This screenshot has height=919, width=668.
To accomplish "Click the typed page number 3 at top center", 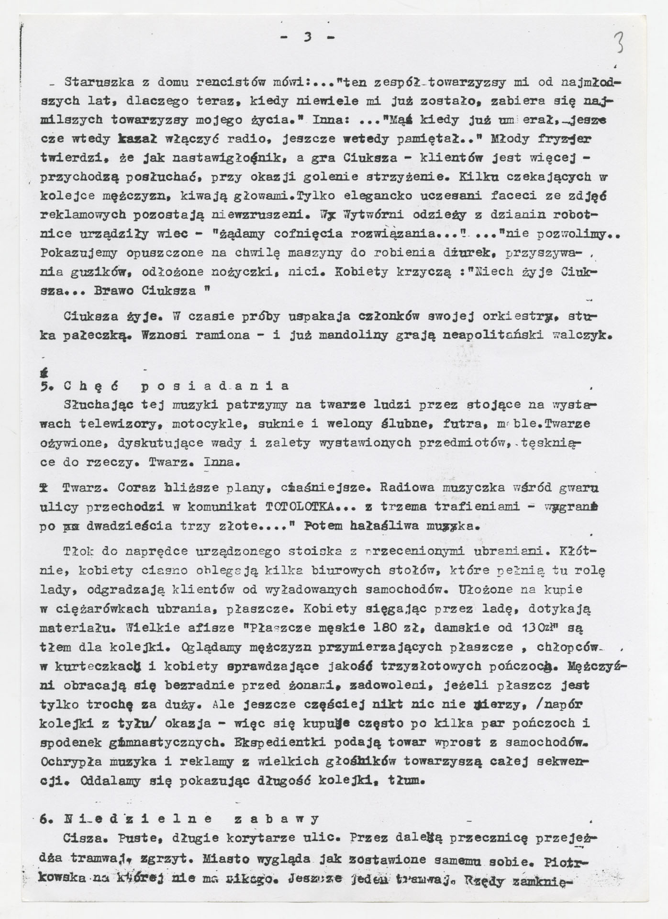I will [x=308, y=37].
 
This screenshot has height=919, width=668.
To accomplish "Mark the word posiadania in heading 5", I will [x=215, y=386].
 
